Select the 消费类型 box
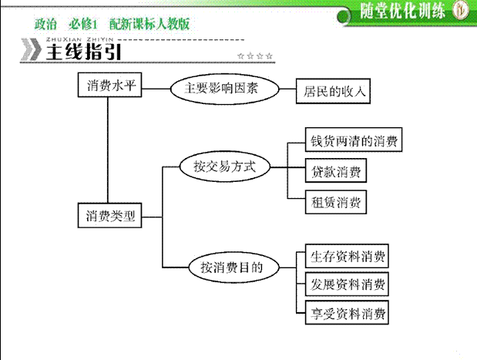(111, 216)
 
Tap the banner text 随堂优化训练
(402, 11)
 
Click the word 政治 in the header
(45, 24)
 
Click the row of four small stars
(255, 56)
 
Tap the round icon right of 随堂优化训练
(460, 11)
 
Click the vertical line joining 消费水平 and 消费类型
(107, 150)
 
